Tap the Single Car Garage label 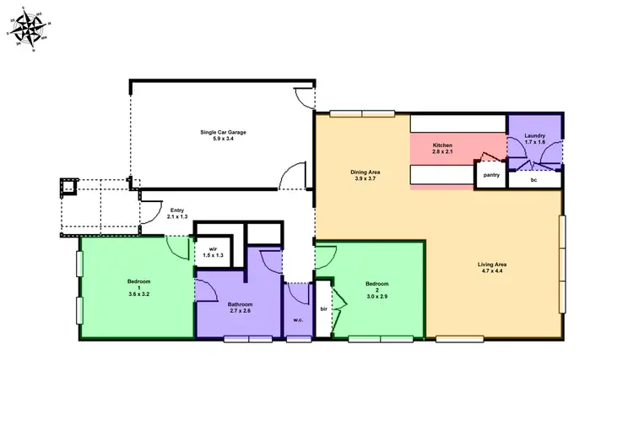223,132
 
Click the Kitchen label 443,145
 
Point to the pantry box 491,176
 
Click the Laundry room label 534,135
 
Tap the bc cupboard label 533,180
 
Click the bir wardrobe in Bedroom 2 323,309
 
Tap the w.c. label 298,320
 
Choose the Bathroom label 240,304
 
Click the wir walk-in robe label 214,249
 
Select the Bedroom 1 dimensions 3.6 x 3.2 138,294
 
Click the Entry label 177,210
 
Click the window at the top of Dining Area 361,112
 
